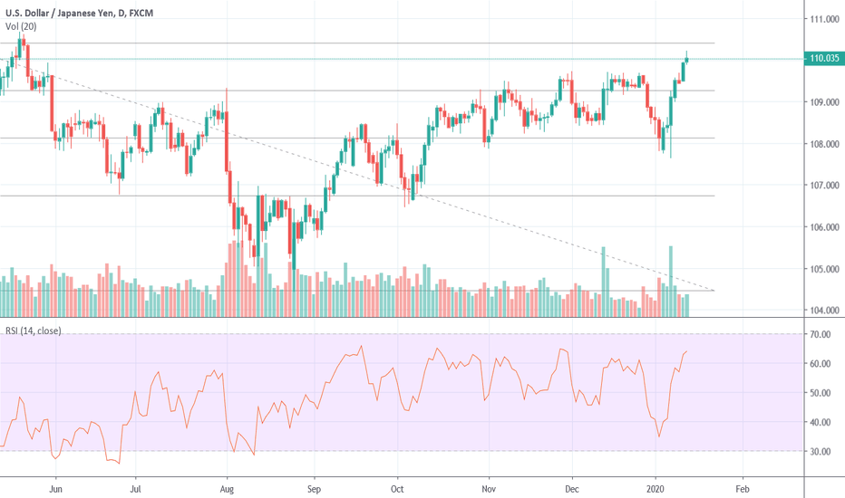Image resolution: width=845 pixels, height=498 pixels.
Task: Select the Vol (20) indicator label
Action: [22, 26]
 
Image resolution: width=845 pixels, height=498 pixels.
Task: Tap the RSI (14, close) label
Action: [33, 330]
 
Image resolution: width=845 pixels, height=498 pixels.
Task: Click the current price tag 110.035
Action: [823, 60]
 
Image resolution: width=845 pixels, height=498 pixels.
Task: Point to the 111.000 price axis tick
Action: [823, 19]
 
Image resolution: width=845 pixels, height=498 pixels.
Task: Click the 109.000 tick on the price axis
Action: [823, 102]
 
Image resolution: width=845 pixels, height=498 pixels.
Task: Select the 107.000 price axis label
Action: [823, 186]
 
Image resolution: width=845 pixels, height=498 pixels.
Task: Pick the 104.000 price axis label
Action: [823, 311]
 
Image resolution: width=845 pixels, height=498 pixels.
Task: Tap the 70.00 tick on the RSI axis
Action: [821, 335]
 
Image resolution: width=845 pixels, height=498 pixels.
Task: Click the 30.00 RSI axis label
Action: [821, 451]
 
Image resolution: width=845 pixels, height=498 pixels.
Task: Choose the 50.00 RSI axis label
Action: [821, 393]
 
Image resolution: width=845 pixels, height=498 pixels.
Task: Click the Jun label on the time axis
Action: [56, 485]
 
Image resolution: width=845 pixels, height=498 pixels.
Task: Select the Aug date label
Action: [228, 485]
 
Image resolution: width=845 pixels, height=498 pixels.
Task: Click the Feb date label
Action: [741, 485]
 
